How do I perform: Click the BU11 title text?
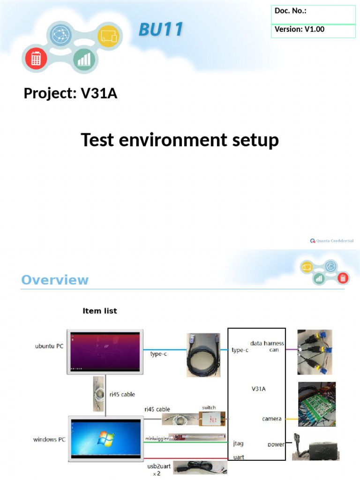pos(161,30)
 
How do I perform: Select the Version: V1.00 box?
pos(313,31)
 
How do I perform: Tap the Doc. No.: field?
pos(313,15)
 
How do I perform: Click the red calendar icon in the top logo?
pos(36,58)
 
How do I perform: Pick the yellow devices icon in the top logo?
pos(109,36)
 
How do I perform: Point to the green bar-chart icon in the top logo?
pos(84,59)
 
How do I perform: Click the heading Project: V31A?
pos(70,93)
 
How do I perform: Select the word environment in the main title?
pos(173,140)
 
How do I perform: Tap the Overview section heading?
pos(55,280)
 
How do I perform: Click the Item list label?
pos(100,311)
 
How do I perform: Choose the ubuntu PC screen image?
pos(105,352)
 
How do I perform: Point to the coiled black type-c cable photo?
pos(203,355)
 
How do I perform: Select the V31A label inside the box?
pos(259,389)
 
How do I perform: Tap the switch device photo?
pos(212,419)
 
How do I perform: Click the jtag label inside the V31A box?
pos(238,443)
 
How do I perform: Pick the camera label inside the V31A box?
pos(271,419)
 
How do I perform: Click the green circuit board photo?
pos(317,404)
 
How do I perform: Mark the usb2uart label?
pos(159,466)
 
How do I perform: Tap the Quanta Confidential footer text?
pos(332,241)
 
